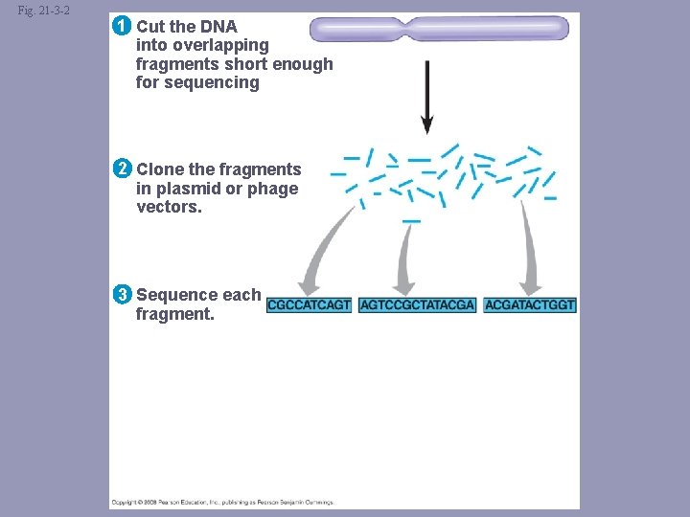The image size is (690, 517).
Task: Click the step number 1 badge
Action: pyautogui.click(x=121, y=26)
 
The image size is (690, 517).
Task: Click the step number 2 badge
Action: pyautogui.click(x=121, y=169)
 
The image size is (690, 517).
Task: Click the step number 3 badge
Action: pyautogui.click(x=121, y=295)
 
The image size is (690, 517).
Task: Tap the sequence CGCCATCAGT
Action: pyautogui.click(x=309, y=305)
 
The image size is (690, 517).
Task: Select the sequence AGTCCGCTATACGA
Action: pyautogui.click(x=417, y=305)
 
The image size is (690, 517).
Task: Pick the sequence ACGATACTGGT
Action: pyautogui.click(x=530, y=305)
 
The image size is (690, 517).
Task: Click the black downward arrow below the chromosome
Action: pyautogui.click(x=426, y=96)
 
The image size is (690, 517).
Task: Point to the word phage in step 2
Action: pyautogui.click(x=273, y=189)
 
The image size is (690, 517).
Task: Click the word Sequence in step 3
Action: pyautogui.click(x=177, y=295)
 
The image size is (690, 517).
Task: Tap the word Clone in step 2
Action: pyautogui.click(x=160, y=169)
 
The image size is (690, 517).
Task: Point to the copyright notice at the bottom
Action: pyautogui.click(x=223, y=502)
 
